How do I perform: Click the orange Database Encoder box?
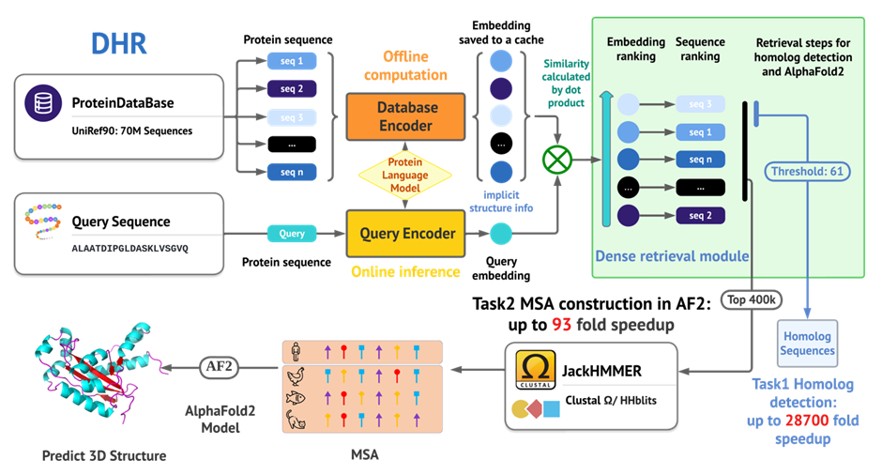(x=405, y=116)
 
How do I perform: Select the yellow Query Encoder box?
(x=405, y=233)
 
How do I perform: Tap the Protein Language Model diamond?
(x=405, y=175)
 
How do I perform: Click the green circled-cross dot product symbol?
(x=556, y=160)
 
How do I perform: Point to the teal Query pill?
(x=292, y=234)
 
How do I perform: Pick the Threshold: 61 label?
(x=807, y=172)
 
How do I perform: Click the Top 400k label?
(x=752, y=300)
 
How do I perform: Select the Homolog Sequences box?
(x=807, y=344)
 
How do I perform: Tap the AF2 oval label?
(x=219, y=367)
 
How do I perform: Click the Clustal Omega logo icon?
(x=536, y=370)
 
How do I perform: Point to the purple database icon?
(x=43, y=103)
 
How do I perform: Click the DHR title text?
(x=118, y=43)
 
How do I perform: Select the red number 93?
(x=561, y=325)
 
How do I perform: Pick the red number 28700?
(x=807, y=421)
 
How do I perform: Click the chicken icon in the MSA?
(x=296, y=375)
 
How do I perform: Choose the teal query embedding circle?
(x=501, y=234)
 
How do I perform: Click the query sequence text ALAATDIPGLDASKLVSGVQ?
(x=129, y=248)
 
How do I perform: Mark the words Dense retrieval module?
(x=672, y=256)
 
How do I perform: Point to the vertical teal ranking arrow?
(x=606, y=159)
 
